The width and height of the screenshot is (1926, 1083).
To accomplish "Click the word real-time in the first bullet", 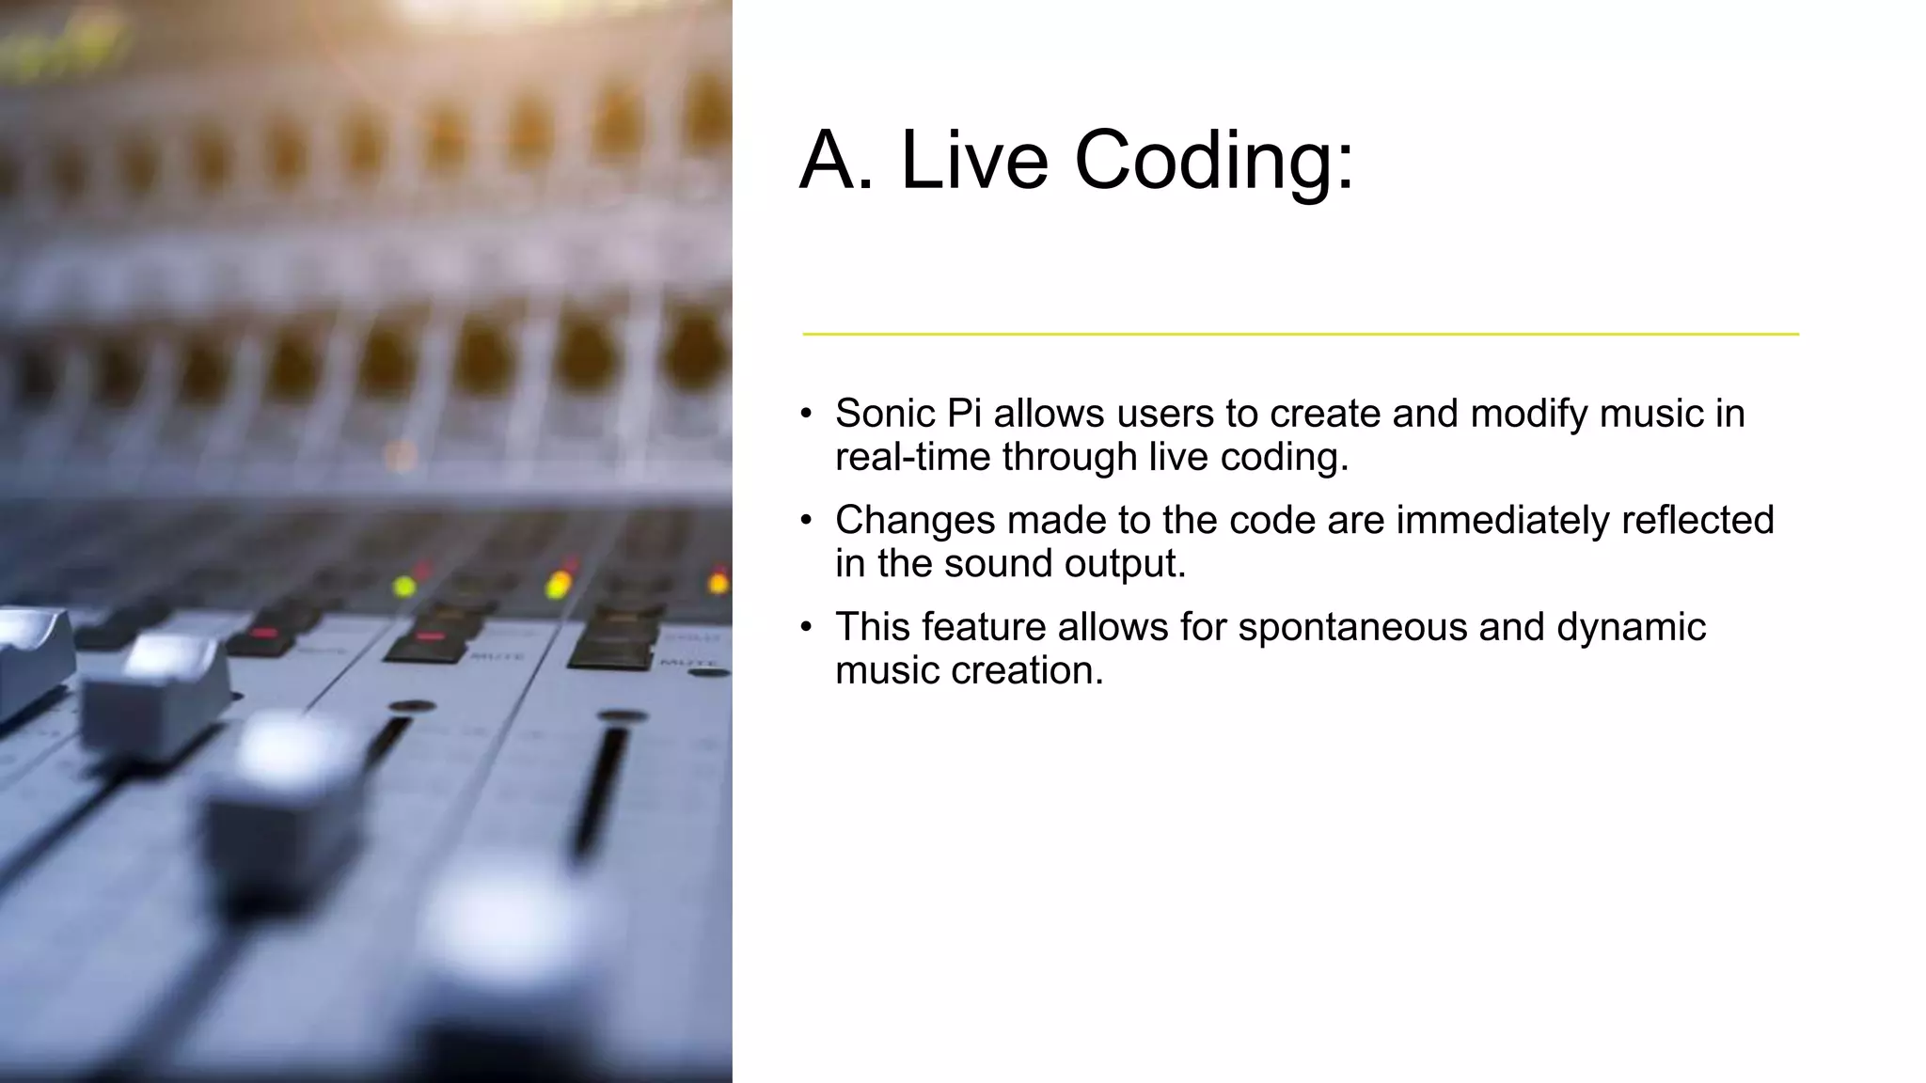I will pyautogui.click(x=912, y=457).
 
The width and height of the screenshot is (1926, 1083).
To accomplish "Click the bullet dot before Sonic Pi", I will pyautogui.click(x=806, y=414).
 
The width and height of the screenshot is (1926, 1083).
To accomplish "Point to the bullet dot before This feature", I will pyautogui.click(x=806, y=627).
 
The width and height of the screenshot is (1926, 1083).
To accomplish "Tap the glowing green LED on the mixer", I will pyautogui.click(x=404, y=587).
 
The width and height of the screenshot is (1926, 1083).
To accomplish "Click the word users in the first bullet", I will pyautogui.click(x=1163, y=414).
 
